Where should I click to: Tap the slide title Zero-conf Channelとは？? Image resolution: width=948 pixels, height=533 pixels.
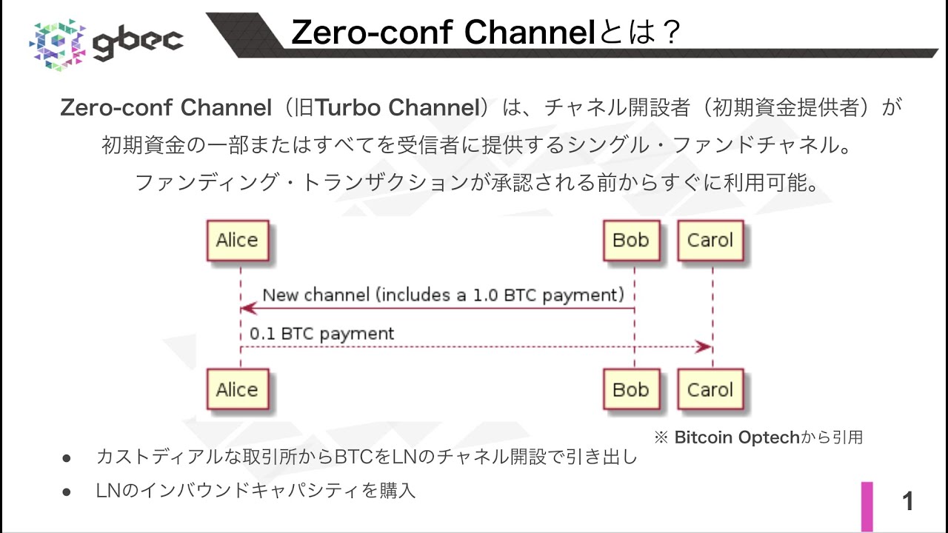[x=485, y=33]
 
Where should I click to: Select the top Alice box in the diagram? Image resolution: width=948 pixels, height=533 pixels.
[x=237, y=241]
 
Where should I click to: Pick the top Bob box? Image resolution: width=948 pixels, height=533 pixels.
[x=631, y=241]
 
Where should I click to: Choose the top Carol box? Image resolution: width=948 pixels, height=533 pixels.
[x=710, y=241]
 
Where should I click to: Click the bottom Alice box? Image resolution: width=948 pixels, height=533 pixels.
[x=237, y=389]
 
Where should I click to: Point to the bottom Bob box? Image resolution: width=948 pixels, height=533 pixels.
[x=631, y=389]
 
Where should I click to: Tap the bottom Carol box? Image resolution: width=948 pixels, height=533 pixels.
[x=710, y=389]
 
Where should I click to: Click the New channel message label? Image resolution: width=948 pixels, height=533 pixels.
[x=444, y=295]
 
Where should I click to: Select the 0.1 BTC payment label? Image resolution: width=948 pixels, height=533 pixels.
[x=322, y=334]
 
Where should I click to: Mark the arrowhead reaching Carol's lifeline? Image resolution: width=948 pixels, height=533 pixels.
[x=703, y=347]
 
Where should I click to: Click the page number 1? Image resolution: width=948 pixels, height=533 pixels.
[x=908, y=503]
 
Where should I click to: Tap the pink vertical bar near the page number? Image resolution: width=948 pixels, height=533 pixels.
[x=867, y=506]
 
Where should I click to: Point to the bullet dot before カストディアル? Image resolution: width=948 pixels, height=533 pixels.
[x=66, y=458]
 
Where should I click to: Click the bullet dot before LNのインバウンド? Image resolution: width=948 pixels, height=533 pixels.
[x=66, y=491]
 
